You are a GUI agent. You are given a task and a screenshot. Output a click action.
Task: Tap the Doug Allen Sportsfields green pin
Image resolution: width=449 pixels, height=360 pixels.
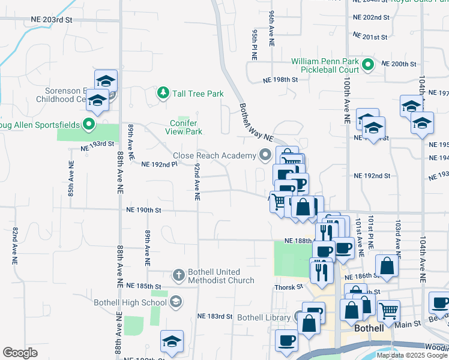[x=89, y=125]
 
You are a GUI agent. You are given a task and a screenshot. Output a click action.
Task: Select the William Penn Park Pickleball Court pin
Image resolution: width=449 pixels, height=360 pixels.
[x=369, y=65]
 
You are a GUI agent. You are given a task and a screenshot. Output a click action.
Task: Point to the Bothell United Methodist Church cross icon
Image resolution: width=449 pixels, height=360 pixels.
[x=178, y=275]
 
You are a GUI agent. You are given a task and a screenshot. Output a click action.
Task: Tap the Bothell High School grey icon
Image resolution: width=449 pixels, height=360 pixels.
[x=176, y=302]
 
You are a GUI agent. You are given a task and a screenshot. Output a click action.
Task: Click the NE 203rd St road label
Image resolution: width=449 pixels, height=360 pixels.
[x=52, y=20]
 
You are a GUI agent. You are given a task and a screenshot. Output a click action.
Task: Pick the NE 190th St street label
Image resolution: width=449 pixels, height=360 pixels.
[x=144, y=210]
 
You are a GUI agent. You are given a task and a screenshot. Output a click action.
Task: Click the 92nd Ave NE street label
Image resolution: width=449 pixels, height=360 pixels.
[x=196, y=181]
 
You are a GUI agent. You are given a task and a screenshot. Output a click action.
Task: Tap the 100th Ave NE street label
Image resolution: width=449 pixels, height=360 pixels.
[x=347, y=102]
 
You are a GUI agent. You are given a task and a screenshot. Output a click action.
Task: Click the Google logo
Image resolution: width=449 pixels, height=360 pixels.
[x=20, y=353]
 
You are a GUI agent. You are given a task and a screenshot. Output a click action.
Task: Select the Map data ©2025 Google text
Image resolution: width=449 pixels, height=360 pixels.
[x=412, y=355]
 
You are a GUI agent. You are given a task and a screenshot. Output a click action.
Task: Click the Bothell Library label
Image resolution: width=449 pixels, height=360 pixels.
[x=264, y=317]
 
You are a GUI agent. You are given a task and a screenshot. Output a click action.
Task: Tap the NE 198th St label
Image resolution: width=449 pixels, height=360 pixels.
[x=280, y=80]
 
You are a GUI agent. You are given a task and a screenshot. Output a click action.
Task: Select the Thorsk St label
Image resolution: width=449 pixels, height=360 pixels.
[x=288, y=287]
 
